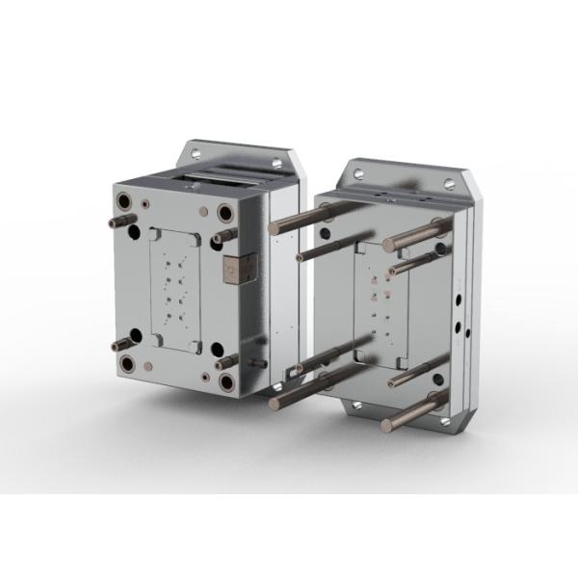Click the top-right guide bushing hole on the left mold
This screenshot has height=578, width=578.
[x=225, y=213]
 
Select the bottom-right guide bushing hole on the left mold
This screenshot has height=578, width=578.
[x=226, y=382]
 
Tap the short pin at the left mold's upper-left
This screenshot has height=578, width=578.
[x=114, y=223]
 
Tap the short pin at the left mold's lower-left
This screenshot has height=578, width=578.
[x=117, y=346]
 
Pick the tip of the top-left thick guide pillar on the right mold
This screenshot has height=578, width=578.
[x=274, y=228]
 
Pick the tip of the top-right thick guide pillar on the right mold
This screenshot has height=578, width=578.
[x=387, y=245]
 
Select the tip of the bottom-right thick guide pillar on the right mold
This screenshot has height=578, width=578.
[x=386, y=425]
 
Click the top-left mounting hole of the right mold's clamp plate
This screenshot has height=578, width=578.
[x=358, y=174]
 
